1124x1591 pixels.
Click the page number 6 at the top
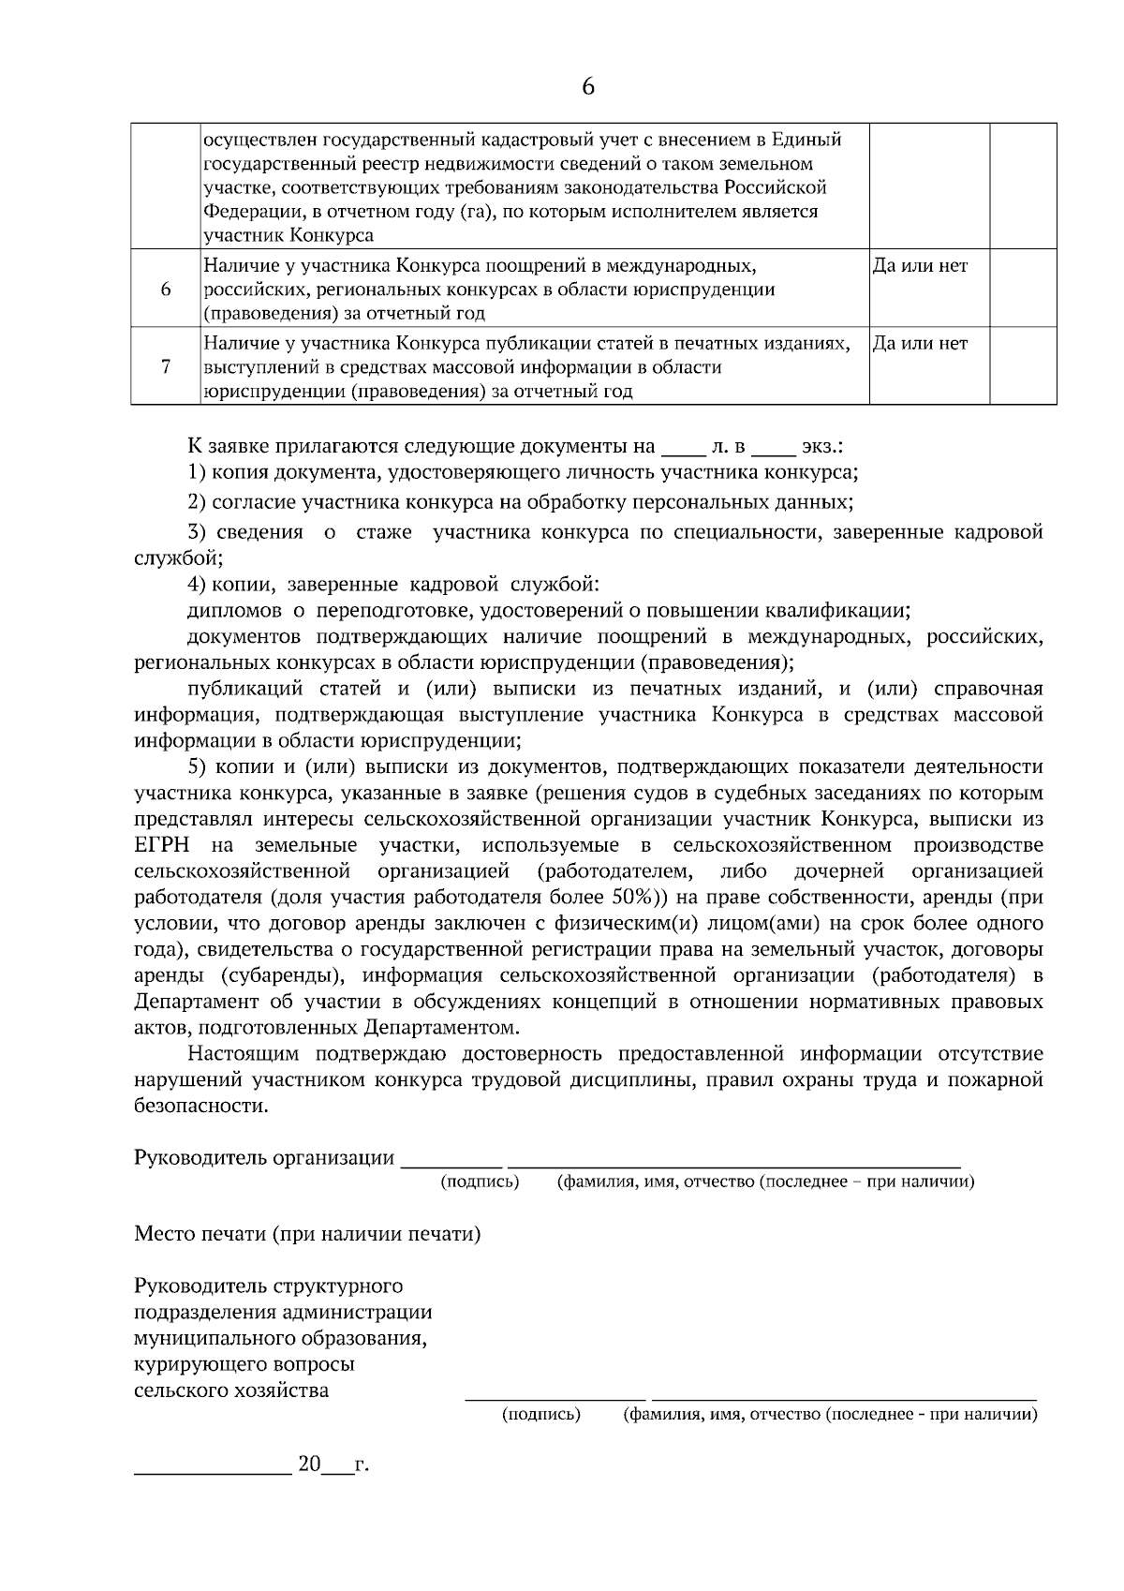(x=587, y=87)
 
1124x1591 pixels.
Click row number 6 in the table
(x=165, y=289)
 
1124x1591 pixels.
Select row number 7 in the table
(x=165, y=366)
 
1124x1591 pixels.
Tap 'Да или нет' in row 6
(x=920, y=266)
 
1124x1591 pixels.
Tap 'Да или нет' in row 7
(x=920, y=344)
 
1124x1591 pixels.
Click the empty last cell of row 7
(x=1023, y=366)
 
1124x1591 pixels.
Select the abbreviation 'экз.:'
(x=822, y=446)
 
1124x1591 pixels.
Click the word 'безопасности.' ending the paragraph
(x=200, y=1107)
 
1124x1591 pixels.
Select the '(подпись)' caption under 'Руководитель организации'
(x=480, y=1182)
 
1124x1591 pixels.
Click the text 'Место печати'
(x=200, y=1234)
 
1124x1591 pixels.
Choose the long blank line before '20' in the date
(x=213, y=1471)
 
